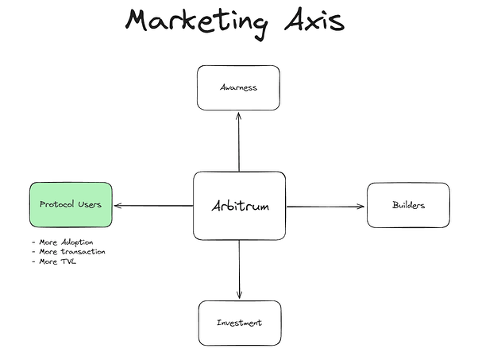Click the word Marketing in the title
coord(197,22)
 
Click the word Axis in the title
coord(314,20)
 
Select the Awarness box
coord(238,87)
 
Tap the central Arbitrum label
coord(241,206)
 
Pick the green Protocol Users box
coord(71,205)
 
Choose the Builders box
coord(408,205)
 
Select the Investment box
coord(240,323)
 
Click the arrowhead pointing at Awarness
coord(239,115)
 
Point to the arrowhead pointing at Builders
coord(361,207)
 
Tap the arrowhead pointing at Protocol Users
coord(118,206)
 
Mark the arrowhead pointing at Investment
coord(239,295)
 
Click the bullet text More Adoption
coord(66,242)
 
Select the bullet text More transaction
coord(72,252)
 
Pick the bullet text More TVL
coord(58,261)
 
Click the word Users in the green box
coord(90,204)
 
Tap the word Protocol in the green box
coord(57,204)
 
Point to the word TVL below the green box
coord(69,261)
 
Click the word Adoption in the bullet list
coord(77,242)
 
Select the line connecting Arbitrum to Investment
coord(239,269)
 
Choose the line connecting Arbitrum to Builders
coord(326,207)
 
